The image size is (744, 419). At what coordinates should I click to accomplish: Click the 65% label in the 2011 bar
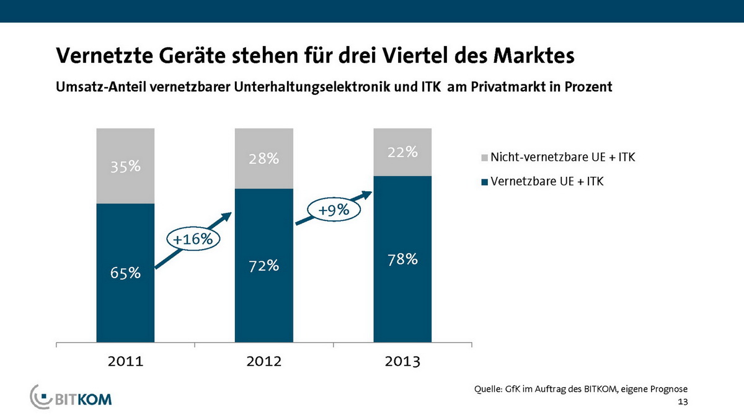coord(125,273)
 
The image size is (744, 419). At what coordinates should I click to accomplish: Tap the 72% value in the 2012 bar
coord(263,266)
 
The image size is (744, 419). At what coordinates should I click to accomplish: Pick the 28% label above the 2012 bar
coord(263,159)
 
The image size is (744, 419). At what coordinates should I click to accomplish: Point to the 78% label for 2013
coord(402,259)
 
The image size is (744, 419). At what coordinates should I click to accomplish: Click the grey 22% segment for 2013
coord(402,152)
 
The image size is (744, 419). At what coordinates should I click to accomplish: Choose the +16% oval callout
coord(192,238)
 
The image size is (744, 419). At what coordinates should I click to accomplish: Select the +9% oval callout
coord(334,210)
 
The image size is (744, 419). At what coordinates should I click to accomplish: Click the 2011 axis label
coord(125,361)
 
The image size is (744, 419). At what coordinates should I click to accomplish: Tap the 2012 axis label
coord(263,361)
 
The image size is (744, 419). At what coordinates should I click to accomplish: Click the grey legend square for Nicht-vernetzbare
coord(484,158)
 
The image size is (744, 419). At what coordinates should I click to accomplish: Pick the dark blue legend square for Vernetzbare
coord(484,182)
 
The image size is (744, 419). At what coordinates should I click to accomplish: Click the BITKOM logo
coord(71,397)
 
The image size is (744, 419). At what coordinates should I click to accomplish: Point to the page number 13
coord(683,403)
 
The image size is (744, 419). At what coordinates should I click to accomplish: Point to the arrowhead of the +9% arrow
coord(368,194)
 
